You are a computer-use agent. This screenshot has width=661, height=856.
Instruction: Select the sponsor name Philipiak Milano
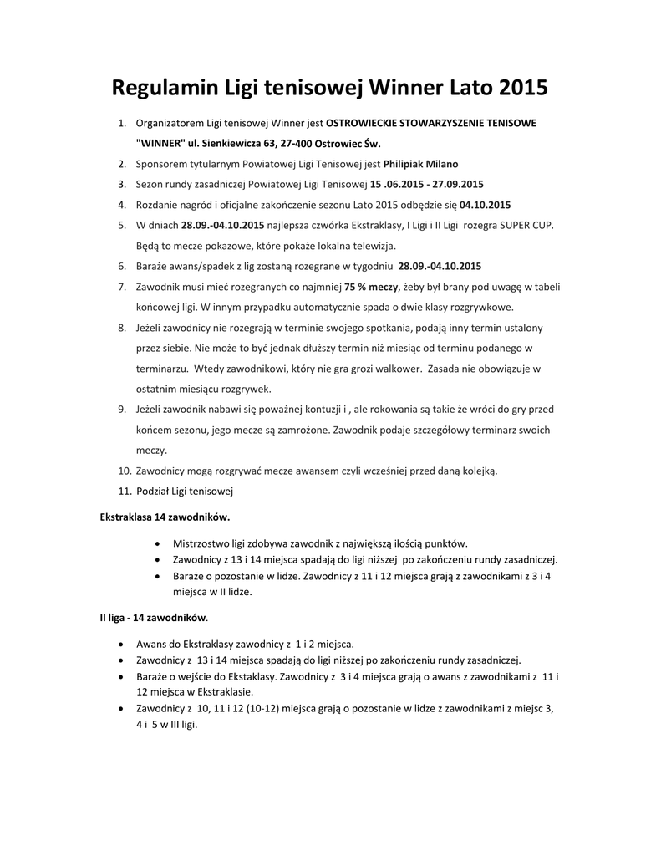(x=420, y=164)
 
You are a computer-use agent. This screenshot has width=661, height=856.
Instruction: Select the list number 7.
(x=122, y=286)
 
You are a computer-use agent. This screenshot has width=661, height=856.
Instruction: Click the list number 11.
(x=124, y=491)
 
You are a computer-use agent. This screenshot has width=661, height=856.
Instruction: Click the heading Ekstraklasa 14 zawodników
(x=165, y=517)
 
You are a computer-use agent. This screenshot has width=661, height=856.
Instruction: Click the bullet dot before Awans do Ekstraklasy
(x=124, y=645)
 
